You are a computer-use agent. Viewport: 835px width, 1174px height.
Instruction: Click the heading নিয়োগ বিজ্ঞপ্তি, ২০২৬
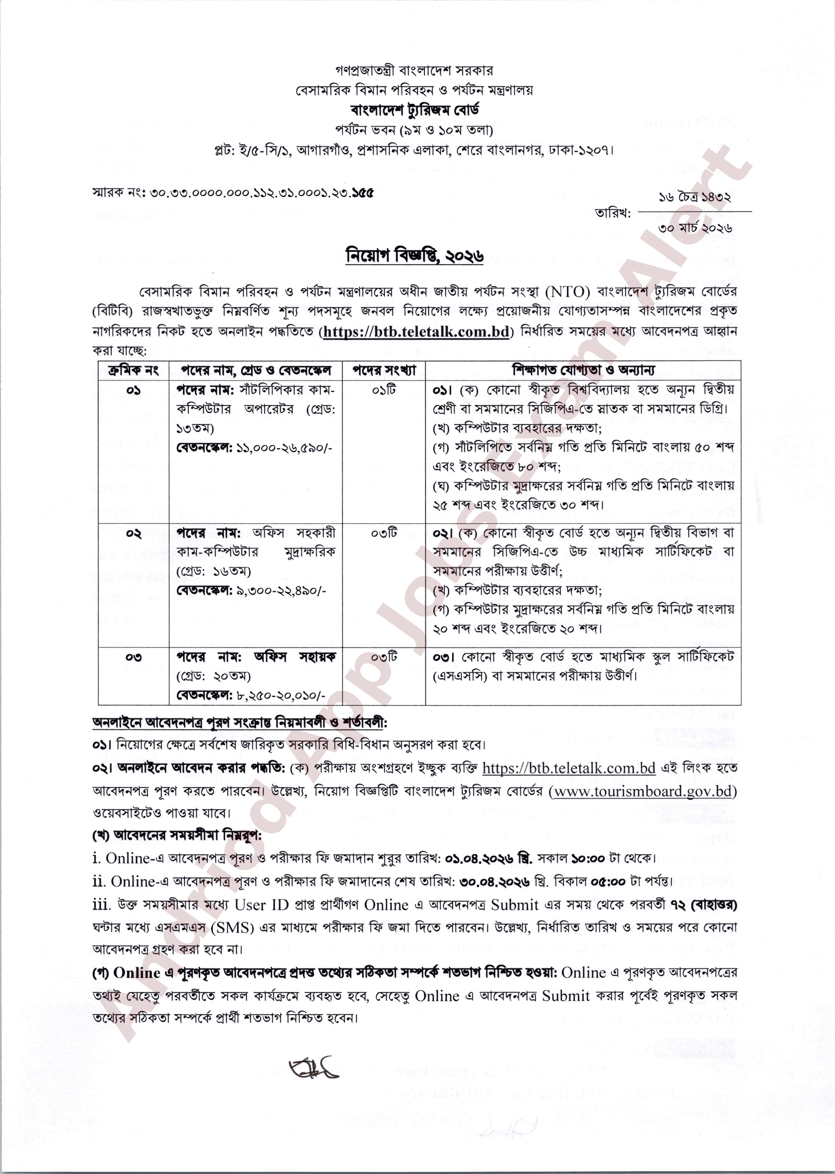tap(414, 256)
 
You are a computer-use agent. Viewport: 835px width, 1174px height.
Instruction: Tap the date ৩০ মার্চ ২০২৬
tap(695, 227)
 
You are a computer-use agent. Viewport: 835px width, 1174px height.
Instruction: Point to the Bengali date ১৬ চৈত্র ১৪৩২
tap(695, 197)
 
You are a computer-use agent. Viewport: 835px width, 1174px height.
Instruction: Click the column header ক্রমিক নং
tap(134, 370)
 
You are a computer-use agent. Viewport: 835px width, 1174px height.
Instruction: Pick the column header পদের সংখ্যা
tap(384, 370)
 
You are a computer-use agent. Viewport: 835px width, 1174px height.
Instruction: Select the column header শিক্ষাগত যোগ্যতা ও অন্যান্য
tap(583, 370)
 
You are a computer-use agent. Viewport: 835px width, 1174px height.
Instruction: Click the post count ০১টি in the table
tap(384, 390)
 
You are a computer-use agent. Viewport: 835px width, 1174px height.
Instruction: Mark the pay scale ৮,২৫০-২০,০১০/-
tap(281, 696)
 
